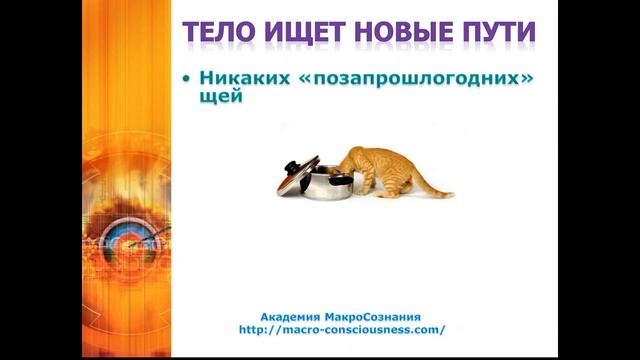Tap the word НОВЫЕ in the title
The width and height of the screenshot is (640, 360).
click(400, 34)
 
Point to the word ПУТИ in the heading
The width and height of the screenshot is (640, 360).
click(495, 34)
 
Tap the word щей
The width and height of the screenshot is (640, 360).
click(221, 99)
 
